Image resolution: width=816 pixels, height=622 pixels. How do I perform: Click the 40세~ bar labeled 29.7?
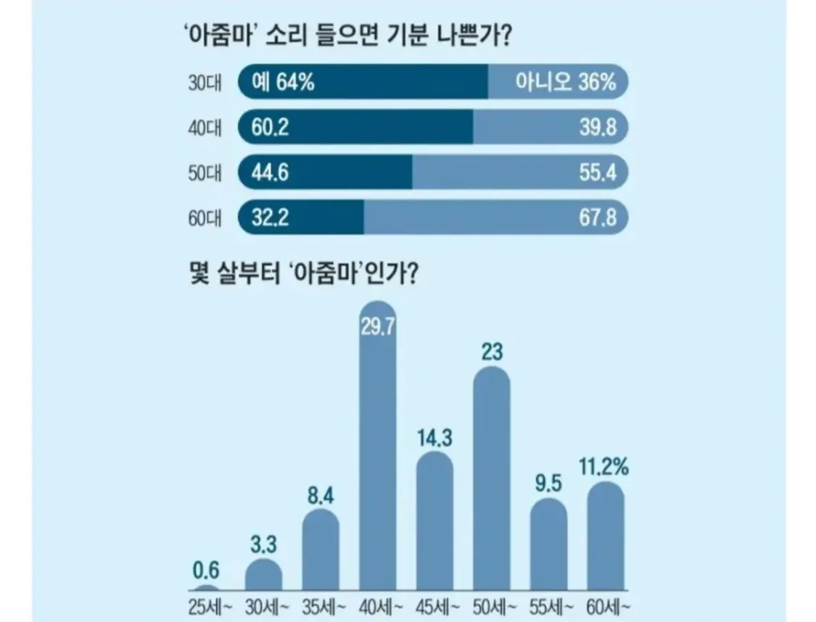click(378, 449)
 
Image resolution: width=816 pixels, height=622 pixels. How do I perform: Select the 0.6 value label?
click(206, 570)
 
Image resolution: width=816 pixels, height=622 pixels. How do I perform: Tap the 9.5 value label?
click(548, 484)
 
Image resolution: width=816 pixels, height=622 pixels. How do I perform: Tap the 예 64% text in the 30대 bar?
click(283, 83)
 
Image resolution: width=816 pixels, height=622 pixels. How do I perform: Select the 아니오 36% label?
click(565, 83)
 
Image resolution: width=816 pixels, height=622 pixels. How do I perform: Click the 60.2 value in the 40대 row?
click(270, 128)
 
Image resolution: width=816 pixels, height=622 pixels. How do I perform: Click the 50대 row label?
click(204, 173)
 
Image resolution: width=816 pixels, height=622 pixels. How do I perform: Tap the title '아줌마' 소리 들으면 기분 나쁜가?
click(347, 34)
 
